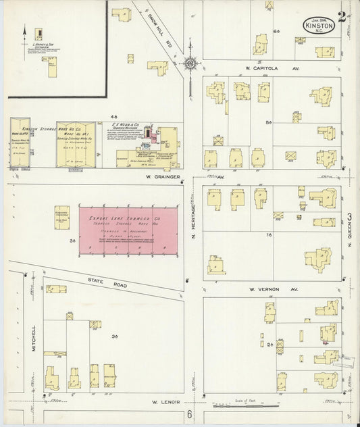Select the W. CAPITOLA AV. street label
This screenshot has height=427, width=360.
(254, 69)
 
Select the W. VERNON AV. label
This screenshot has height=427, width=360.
(264, 288)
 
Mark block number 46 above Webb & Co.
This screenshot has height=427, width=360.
(114, 116)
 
